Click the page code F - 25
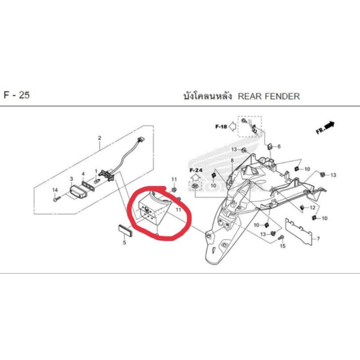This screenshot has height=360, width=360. pos(17,96)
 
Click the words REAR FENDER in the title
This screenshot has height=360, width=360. pos(268,96)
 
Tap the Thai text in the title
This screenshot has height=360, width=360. pos(207,96)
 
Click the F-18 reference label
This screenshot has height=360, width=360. pos(221,127)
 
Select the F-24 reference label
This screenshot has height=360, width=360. pos(196,171)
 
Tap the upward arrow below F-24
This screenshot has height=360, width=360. pos(195,178)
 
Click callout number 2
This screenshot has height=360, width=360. pos(99,138)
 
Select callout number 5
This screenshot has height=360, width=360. pos(125,243)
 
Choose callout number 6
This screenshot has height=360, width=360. pos(279,147)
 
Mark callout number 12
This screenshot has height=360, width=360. pos(312,207)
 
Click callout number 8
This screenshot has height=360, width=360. pos(232,161)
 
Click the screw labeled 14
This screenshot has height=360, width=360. pos(55,199)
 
